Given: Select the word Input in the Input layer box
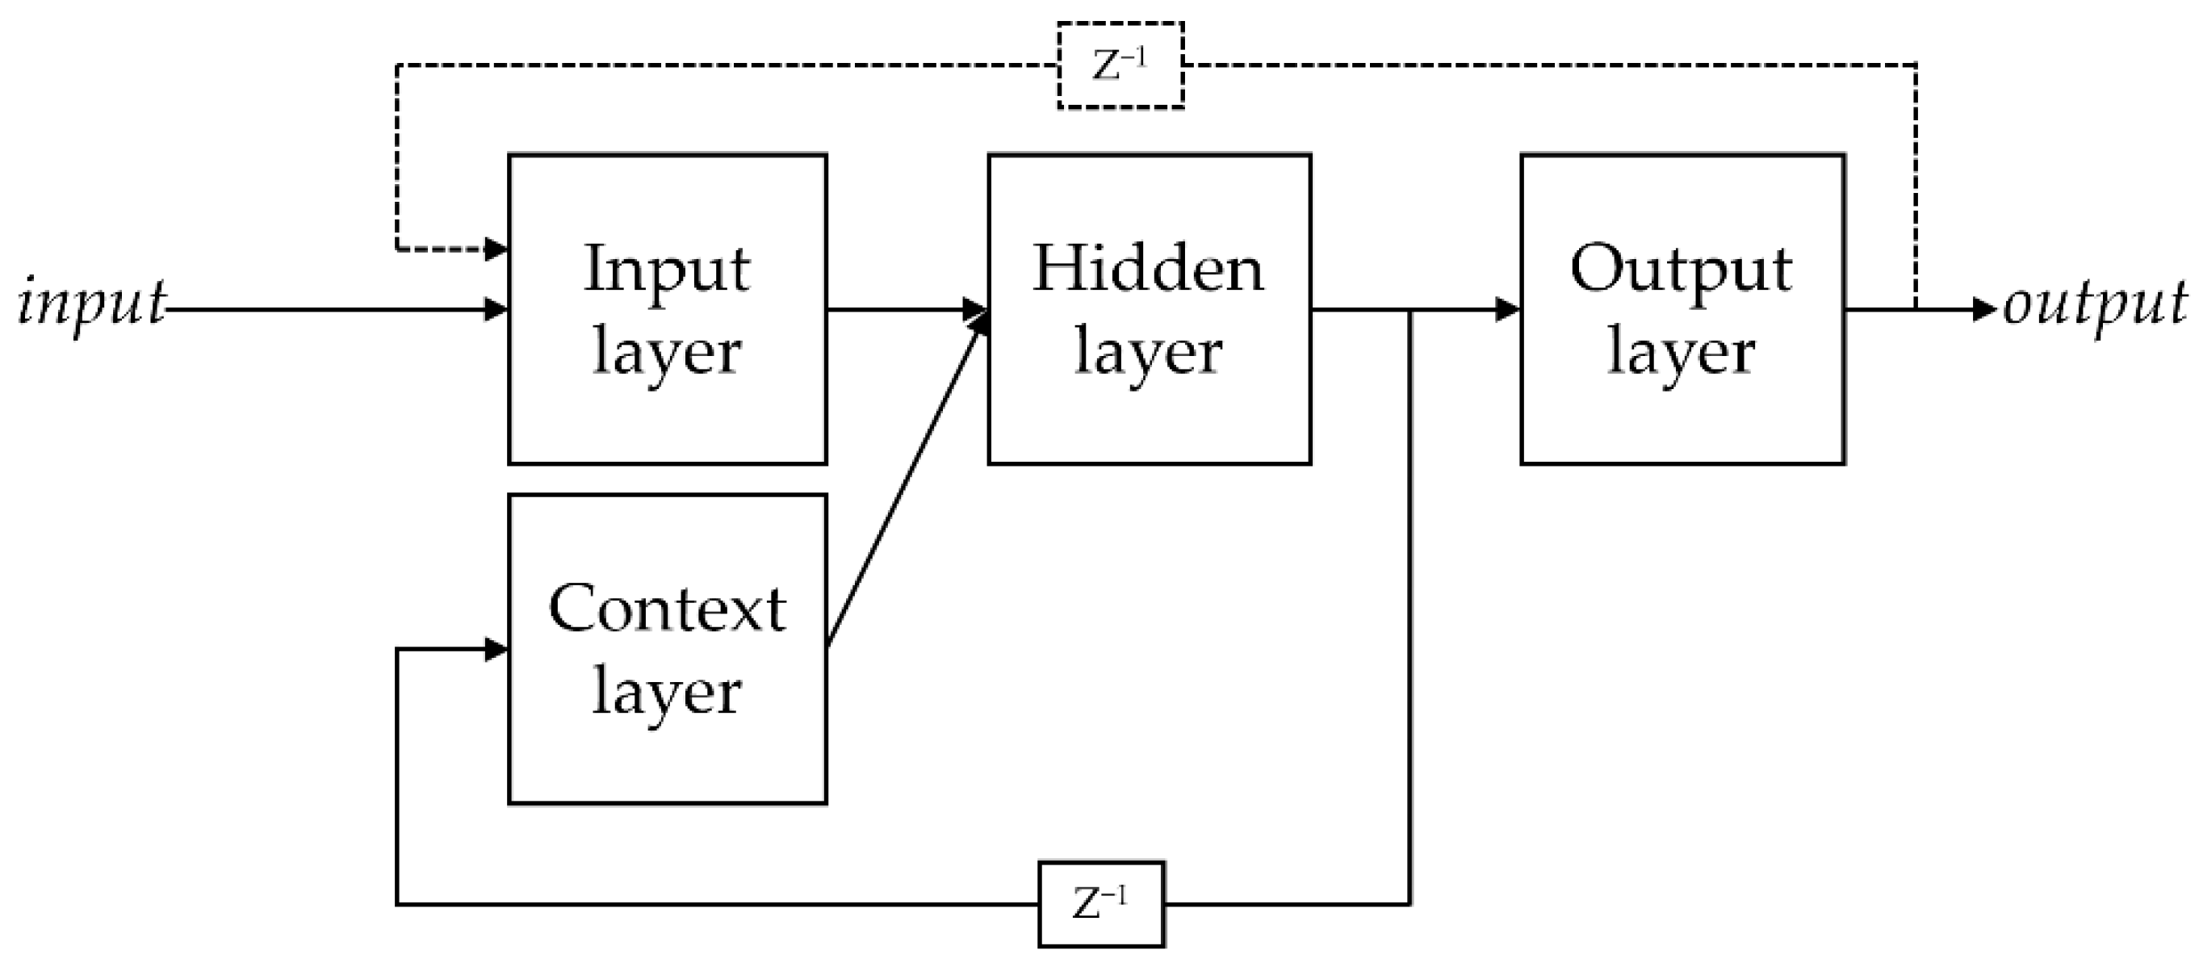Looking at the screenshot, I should pos(667,270).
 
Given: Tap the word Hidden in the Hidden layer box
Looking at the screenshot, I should pos(1148,270).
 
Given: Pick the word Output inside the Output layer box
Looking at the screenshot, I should pos(1681,270).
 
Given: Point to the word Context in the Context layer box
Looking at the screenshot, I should pos(667,609).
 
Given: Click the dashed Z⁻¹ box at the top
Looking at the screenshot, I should pos(1120,65).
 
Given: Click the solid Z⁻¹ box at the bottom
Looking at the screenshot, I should pos(1101,904).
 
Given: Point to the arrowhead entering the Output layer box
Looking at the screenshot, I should pos(1509,309).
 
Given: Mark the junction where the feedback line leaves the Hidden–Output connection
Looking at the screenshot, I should pos(1409,310).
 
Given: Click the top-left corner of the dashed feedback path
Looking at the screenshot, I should pos(397,65).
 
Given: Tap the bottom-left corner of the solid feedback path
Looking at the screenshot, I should pos(397,903).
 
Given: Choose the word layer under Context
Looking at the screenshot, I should pos(667,692).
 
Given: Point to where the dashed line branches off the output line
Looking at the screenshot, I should pos(1916,309).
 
